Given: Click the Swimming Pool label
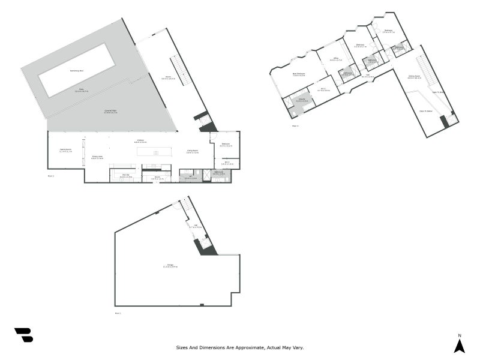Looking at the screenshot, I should (x=76, y=71).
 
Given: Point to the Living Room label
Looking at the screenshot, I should (x=193, y=151).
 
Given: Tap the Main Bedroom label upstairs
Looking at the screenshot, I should (x=298, y=74).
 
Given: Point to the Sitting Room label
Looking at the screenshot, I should (x=414, y=77).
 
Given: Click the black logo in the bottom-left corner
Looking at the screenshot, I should (x=23, y=335).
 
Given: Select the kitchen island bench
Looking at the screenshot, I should (x=154, y=152).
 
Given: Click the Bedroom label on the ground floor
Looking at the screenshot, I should (x=226, y=145).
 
